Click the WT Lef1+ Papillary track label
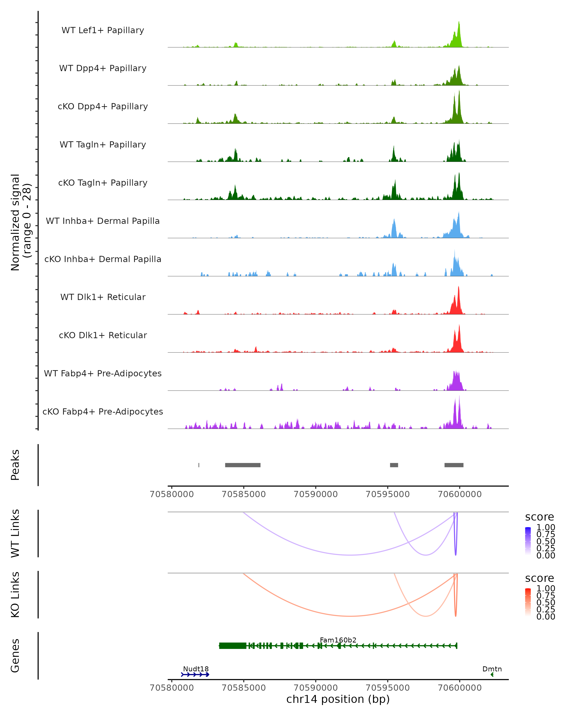pos(103,30)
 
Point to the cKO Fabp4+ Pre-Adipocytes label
pos(103,411)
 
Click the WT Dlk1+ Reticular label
pos(103,297)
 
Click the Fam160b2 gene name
pos(338,640)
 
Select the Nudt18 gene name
pos(196,669)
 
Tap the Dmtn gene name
pos(492,669)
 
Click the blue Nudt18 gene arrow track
pos(195,674)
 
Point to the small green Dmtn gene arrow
pos(492,674)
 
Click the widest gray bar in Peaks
pos(243,465)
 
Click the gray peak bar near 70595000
pos(394,465)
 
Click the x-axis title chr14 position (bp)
pos(338,699)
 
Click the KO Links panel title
pos(15,595)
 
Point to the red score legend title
pos(539,578)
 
